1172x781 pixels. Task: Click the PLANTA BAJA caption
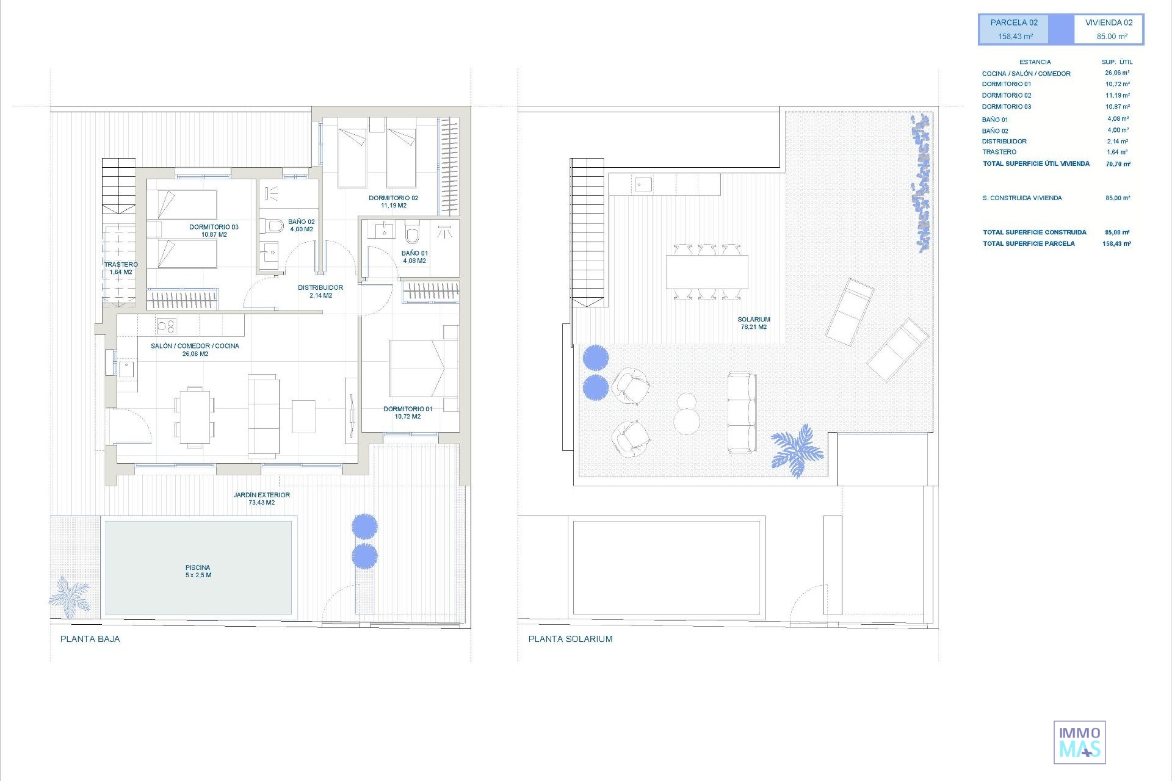(90, 639)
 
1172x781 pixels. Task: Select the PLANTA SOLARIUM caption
(571, 639)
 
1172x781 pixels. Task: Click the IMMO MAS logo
(1080, 742)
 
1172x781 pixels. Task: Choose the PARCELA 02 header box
(1014, 29)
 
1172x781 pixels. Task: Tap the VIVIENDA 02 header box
(1109, 29)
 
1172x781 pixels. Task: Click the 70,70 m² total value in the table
(1118, 164)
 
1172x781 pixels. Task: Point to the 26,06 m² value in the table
(1117, 73)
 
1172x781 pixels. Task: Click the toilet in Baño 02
(272, 226)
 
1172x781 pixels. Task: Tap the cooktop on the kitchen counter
(166, 326)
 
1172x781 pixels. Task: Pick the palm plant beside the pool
(70, 596)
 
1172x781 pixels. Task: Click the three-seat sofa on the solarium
(742, 412)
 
